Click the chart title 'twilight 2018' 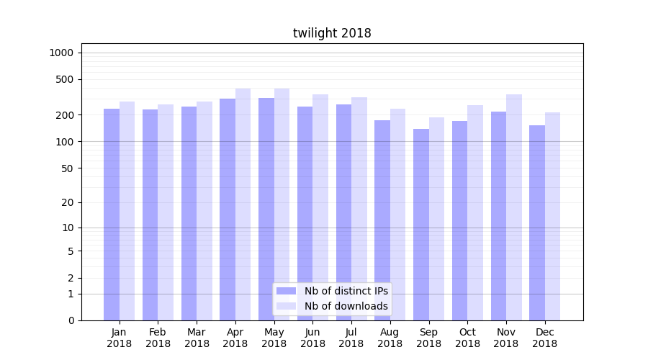pos(332,33)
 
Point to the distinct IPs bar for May pos(266,209)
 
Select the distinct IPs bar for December pos(537,223)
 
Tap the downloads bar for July pos(359,209)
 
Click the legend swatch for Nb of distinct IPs pos(286,291)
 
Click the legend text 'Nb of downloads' pos(346,306)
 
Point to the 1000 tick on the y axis pos(62,53)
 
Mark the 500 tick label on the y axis pos(65,79)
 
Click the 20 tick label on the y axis pos(68,202)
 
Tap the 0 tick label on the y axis pos(71,320)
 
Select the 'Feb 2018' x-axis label pos(158,338)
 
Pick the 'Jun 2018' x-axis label pos(312,338)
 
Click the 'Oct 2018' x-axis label pos(467,338)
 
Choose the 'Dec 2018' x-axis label pos(545,338)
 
